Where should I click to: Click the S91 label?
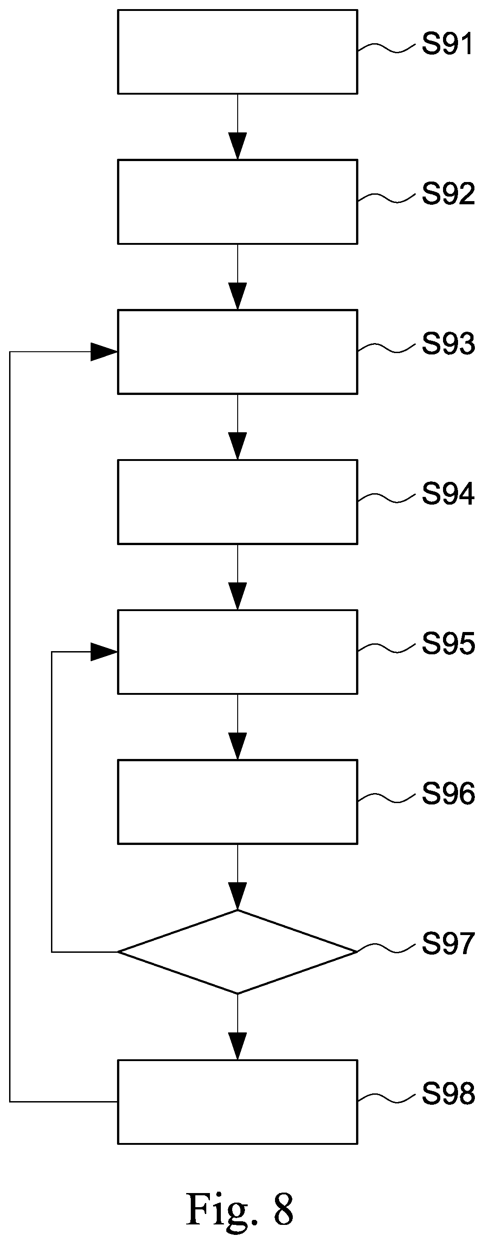tap(447, 45)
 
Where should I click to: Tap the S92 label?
tap(448, 194)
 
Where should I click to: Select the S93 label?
tap(448, 344)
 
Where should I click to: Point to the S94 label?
tap(448, 494)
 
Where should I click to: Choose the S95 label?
tap(448, 644)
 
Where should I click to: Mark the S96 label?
tap(448, 794)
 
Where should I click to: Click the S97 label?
tap(448, 944)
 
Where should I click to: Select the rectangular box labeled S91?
tap(238, 52)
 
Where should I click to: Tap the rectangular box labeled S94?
tap(238, 502)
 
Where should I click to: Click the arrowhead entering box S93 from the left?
tap(104, 352)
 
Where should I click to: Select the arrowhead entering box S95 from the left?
tap(104, 652)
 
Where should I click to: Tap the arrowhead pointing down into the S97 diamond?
tap(238, 896)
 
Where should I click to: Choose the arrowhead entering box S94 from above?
tap(238, 446)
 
